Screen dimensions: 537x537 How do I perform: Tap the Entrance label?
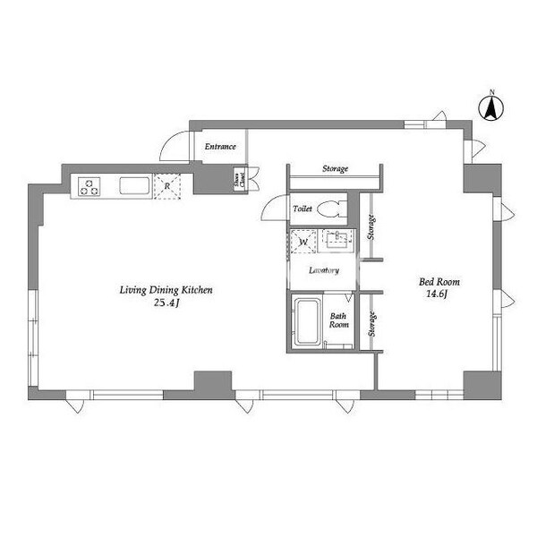pos(220,146)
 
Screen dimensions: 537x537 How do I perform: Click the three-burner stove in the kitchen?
pos(91,186)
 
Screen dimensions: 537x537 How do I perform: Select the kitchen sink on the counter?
pos(134,186)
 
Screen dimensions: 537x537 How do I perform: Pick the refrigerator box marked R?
pos(167,186)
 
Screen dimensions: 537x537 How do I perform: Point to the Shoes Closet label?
pos(239,180)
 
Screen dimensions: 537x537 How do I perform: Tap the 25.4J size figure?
pos(166,303)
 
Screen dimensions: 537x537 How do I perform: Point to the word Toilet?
pos(303,209)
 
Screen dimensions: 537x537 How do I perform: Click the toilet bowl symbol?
pos(330,209)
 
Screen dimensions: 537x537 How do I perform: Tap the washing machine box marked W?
pos(303,242)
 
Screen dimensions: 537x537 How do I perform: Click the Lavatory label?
pos(323,269)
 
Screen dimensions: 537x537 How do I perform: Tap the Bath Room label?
pos(339,321)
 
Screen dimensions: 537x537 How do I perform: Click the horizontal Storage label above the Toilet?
pos(335,168)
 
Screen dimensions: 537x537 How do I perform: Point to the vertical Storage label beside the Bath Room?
pos(371,324)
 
